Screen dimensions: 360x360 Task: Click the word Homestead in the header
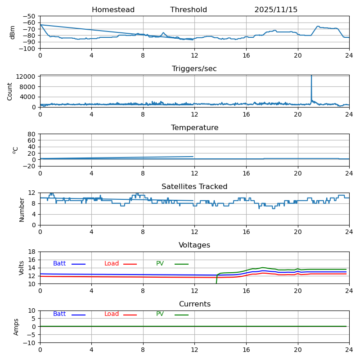113,10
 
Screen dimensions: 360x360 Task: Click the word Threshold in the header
189,10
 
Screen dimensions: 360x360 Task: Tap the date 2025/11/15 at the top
276,10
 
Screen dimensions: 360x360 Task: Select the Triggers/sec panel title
194,69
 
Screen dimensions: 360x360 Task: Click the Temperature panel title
194,128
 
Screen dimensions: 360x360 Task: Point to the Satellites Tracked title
194,187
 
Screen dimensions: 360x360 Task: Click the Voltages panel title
194,245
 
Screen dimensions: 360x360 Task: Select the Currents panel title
194,304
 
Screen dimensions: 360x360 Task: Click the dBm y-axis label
13,32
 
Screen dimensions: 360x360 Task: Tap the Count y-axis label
10,91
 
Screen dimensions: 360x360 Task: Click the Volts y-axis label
22,268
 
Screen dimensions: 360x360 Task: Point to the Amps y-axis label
16,327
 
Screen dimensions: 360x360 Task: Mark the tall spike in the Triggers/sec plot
311,83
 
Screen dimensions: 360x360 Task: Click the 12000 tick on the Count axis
27,76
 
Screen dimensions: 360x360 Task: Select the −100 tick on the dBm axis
28,48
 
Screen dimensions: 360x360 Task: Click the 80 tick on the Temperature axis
31,134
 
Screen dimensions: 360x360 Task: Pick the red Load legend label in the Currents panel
112,314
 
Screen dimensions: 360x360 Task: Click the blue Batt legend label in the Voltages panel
59,264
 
